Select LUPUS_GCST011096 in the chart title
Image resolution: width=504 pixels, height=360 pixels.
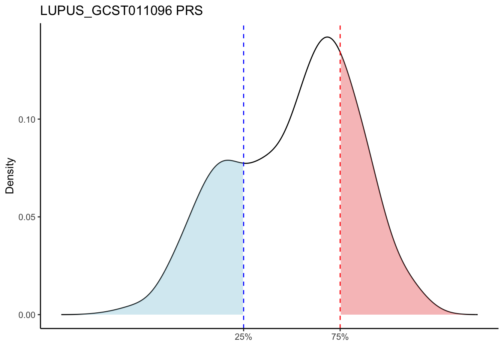click(106, 11)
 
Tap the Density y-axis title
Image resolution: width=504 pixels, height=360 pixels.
click(10, 175)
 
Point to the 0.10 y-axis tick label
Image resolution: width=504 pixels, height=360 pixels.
click(27, 120)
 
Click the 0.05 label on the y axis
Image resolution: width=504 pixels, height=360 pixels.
click(27, 217)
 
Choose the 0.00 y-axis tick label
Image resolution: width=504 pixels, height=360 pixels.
click(27, 315)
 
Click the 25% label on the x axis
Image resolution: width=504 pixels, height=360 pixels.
click(243, 337)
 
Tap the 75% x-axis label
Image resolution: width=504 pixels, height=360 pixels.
click(340, 337)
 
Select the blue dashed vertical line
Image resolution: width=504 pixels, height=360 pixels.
click(243, 94)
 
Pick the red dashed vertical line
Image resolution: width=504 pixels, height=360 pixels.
click(340, 187)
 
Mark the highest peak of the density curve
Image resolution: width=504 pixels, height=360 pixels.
click(327, 37)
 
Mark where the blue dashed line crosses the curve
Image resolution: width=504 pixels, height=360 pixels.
click(243, 163)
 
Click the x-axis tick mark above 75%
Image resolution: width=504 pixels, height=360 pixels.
click(340, 330)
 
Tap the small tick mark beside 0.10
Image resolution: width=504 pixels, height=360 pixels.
click(39, 120)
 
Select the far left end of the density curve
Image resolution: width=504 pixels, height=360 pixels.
click(62, 314)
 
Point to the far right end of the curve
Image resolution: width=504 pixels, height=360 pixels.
click(477, 314)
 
